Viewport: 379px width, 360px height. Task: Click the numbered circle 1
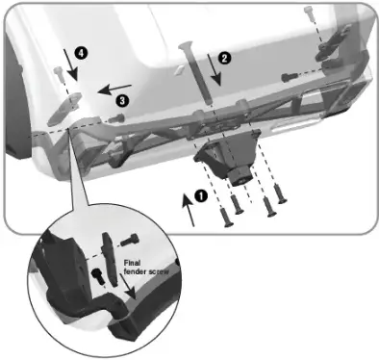pos(200,193)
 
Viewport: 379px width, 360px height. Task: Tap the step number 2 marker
pos(224,58)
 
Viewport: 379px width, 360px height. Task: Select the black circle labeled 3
pos(122,98)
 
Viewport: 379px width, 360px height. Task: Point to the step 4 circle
pos(82,55)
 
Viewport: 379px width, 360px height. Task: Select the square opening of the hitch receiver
pos(237,174)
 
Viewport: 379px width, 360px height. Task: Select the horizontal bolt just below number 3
pos(116,117)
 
